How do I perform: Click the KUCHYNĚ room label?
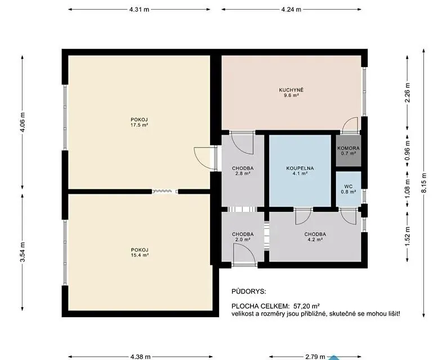point(291,90)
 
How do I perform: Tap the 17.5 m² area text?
point(139,125)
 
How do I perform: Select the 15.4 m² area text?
point(140,255)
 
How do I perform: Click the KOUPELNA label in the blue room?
point(300,168)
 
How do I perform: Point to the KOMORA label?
point(349,148)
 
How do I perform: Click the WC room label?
point(348,186)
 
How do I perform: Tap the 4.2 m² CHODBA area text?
point(315,239)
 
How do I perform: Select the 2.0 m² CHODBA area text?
point(243,239)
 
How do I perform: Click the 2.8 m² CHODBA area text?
point(243,174)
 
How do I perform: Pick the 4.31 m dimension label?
point(139,10)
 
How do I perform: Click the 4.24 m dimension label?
point(291,10)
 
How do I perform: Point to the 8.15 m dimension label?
point(423,183)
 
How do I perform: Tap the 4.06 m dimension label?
point(23,122)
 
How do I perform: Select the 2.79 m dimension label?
point(315,357)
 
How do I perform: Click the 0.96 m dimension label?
point(407,150)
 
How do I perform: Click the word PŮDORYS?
point(249,291)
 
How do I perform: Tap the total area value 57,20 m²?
point(306,306)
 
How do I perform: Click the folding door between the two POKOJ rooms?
point(165,192)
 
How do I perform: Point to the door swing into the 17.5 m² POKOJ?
point(205,158)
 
